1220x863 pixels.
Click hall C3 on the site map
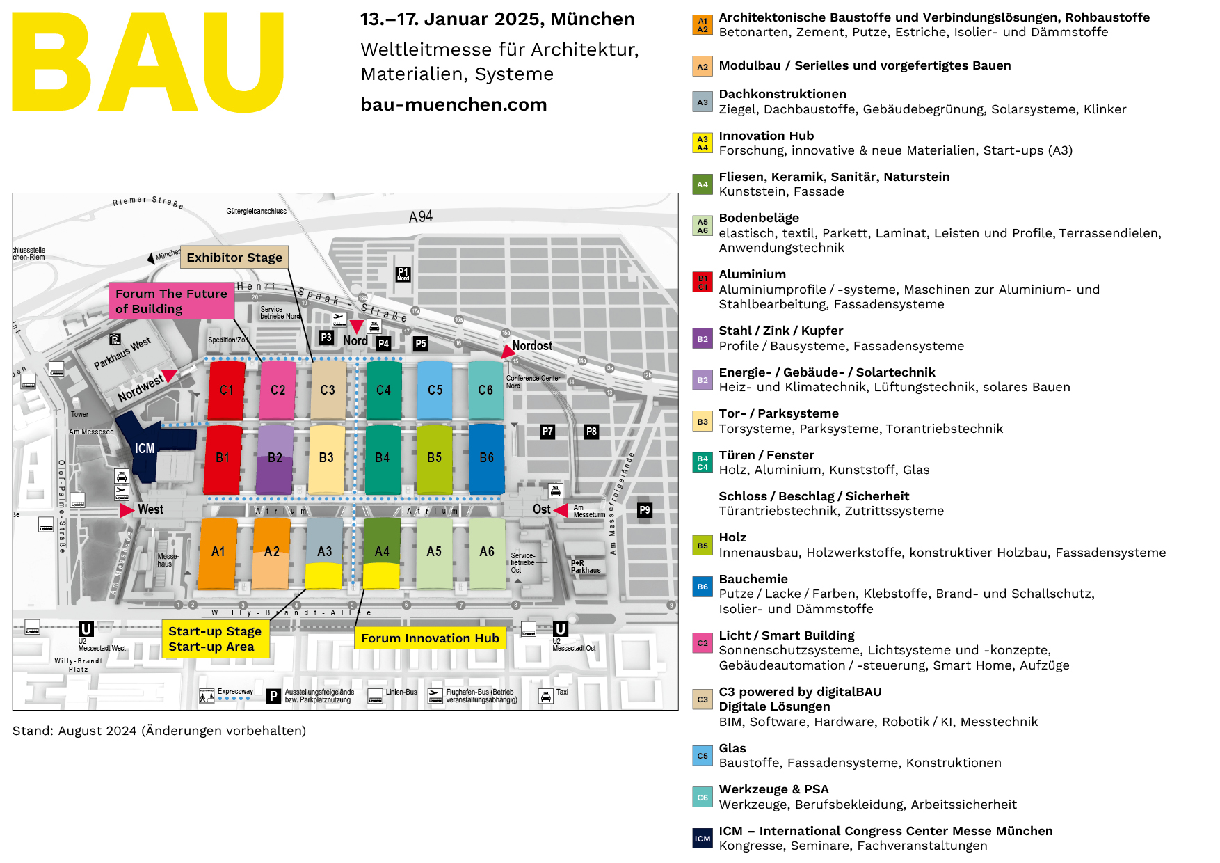coord(328,390)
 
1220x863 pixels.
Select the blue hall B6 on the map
coord(486,457)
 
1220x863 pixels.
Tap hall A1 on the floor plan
coord(218,552)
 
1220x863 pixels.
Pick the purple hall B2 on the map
coord(275,457)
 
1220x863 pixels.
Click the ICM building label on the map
coord(145,449)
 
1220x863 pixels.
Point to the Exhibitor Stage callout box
coord(234,258)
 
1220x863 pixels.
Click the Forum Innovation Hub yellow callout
coord(430,638)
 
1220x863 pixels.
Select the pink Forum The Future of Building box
coord(171,301)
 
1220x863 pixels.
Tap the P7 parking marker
coord(547,431)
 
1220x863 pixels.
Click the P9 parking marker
coord(645,510)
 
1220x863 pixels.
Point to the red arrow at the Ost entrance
coord(561,509)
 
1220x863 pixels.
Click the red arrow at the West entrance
coord(127,510)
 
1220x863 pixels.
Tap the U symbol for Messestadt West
coord(86,629)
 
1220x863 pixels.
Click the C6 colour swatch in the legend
coord(703,798)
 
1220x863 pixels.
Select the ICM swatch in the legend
coord(703,839)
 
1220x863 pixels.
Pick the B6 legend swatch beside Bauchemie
coord(703,587)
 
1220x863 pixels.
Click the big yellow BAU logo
coord(148,63)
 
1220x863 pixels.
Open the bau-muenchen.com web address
coord(454,104)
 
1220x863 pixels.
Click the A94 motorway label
coord(421,217)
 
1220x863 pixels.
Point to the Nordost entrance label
coord(532,346)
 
